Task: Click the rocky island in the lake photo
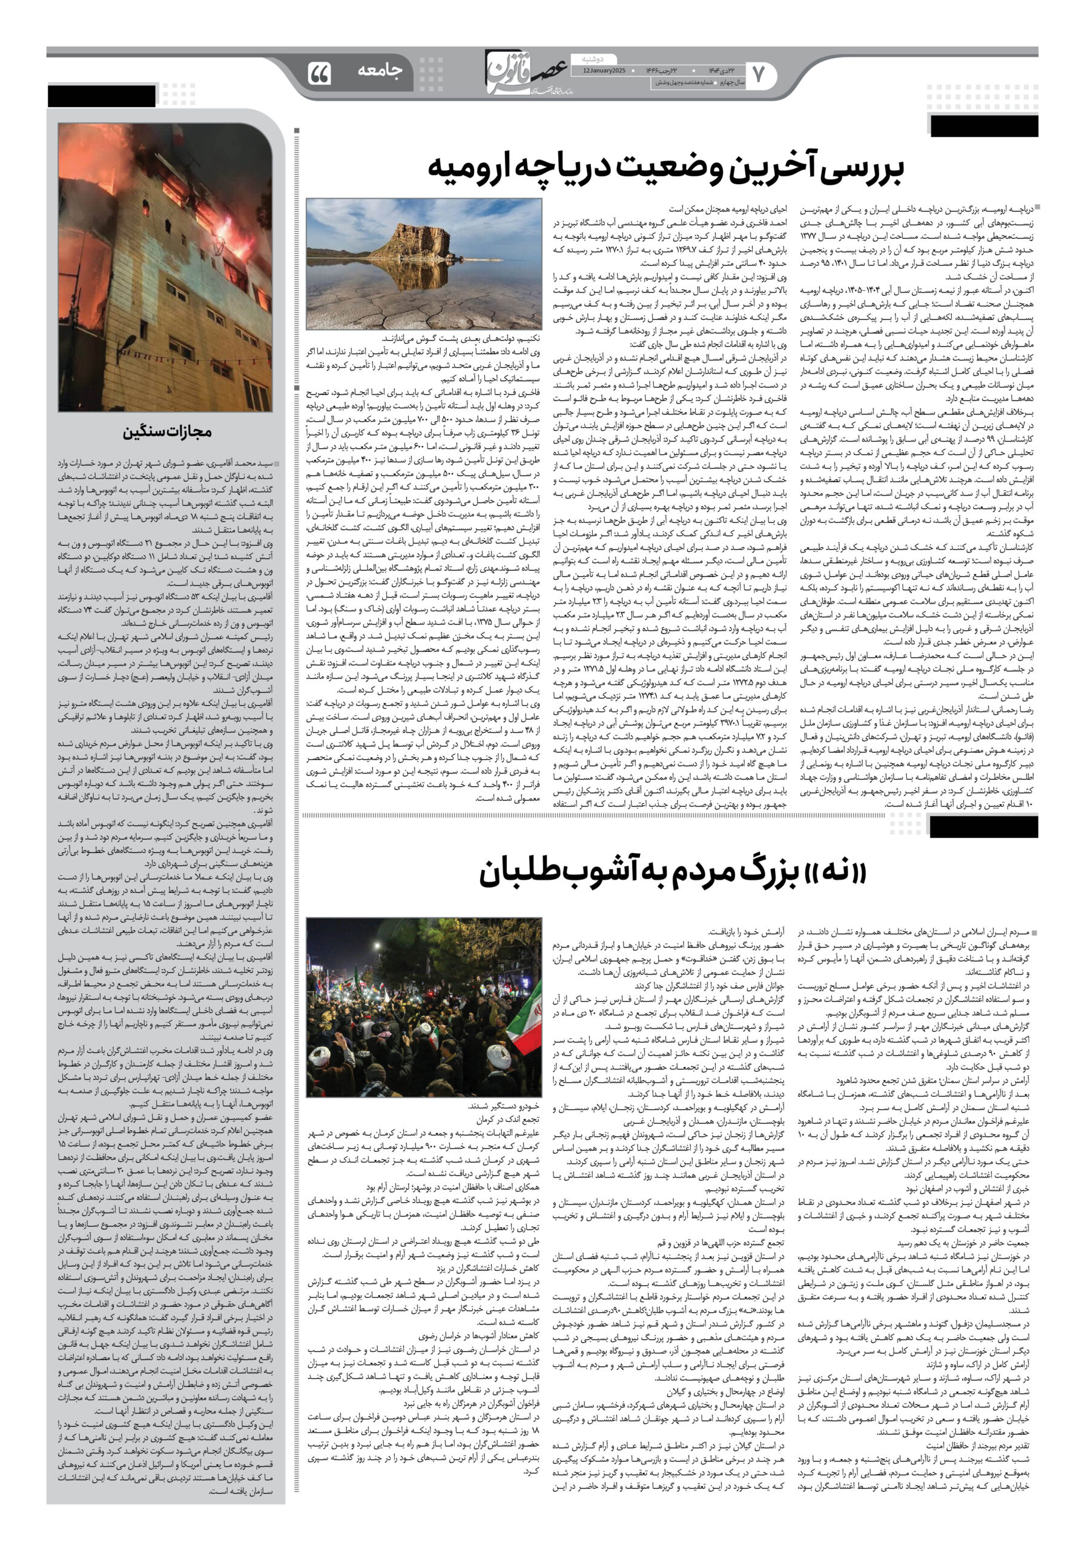[415, 241]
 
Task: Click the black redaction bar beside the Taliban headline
[983, 826]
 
